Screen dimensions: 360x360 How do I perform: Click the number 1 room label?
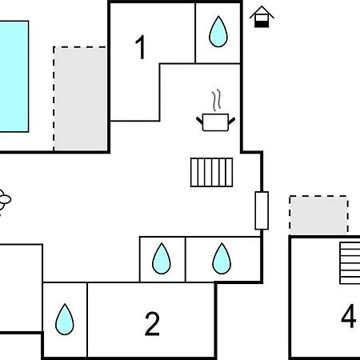(x=141, y=47)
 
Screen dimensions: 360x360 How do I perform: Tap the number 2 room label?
(x=152, y=324)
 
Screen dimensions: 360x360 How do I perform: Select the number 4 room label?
(x=349, y=316)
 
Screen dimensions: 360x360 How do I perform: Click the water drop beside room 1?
(x=218, y=32)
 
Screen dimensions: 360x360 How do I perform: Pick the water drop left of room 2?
(x=65, y=319)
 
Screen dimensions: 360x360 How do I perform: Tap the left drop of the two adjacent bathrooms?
(x=162, y=258)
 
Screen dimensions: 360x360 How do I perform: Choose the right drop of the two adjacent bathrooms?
(x=222, y=258)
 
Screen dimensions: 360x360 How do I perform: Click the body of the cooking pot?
(x=215, y=122)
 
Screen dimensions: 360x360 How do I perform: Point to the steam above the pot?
(x=217, y=100)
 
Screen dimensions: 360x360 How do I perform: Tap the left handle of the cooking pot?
(x=199, y=120)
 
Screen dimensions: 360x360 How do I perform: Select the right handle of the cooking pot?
(x=232, y=120)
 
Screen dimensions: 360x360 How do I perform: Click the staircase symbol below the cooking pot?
(x=212, y=172)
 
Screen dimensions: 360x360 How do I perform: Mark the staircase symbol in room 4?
(x=350, y=263)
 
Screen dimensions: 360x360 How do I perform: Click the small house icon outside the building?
(x=262, y=17)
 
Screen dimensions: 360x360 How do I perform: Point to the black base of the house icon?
(x=262, y=24)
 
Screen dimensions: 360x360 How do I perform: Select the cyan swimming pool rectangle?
(x=14, y=76)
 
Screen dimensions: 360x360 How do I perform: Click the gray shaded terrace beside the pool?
(x=81, y=98)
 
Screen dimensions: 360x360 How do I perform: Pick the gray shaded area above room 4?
(x=318, y=215)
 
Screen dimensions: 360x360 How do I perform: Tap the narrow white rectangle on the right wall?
(x=262, y=210)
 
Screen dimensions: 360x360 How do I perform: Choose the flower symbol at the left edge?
(x=4, y=199)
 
